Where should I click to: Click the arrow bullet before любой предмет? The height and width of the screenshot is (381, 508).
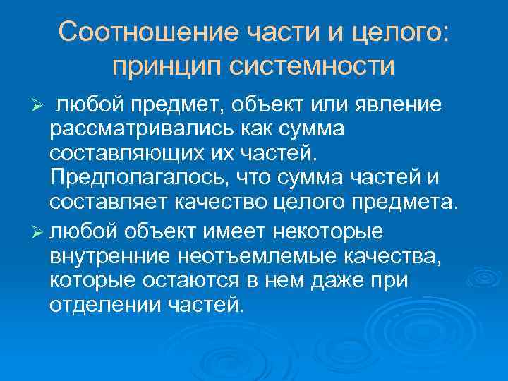[40, 106]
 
